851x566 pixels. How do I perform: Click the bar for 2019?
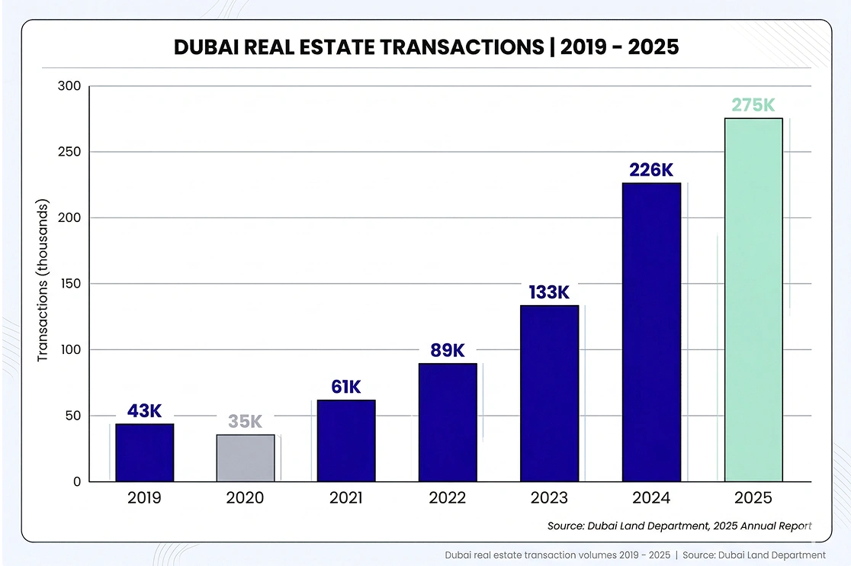[x=144, y=452]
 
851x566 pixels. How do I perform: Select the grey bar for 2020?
[x=245, y=458]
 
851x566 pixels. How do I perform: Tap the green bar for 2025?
[x=753, y=300]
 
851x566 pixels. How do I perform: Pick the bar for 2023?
[x=549, y=393]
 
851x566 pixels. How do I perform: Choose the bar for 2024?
[x=651, y=332]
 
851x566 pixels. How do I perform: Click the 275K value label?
[x=753, y=105]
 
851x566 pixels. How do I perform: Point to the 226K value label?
[x=651, y=170]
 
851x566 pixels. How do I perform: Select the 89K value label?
[x=447, y=350]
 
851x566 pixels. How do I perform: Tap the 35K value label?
[x=245, y=422]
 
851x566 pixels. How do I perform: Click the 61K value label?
[x=345, y=387]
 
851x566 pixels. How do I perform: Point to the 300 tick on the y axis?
[x=69, y=86]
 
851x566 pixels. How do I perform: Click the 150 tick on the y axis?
[x=69, y=284]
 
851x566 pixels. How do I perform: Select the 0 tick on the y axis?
[x=77, y=482]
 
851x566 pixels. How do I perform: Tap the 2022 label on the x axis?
[x=447, y=498]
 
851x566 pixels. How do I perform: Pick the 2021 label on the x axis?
[x=345, y=498]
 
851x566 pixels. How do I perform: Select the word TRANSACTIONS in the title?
[x=455, y=47]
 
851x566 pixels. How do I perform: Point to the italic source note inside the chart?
[x=679, y=526]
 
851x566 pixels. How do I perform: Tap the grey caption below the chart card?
[x=635, y=555]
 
